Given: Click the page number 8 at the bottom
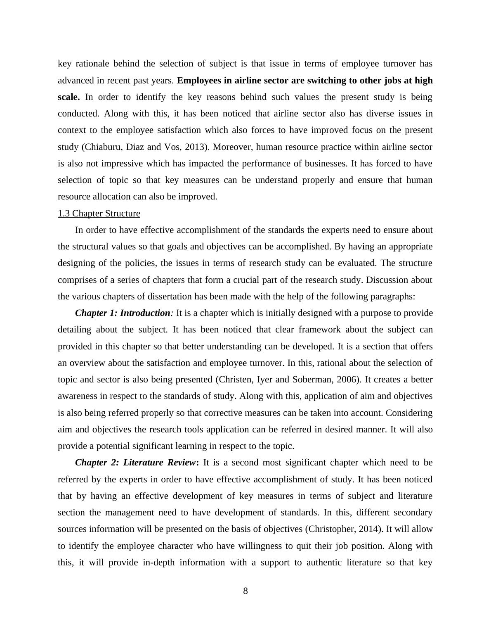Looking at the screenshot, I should pos(245,591).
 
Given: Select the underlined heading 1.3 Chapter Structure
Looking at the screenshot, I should pos(99,214).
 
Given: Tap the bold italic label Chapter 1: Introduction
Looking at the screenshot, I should pos(123,313).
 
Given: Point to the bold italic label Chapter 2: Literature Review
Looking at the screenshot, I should pos(135,463).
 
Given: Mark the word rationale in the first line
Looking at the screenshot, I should pos(92,64).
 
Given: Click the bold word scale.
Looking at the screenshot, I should pos(68,97).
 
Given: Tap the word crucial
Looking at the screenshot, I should pos(258,280).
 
